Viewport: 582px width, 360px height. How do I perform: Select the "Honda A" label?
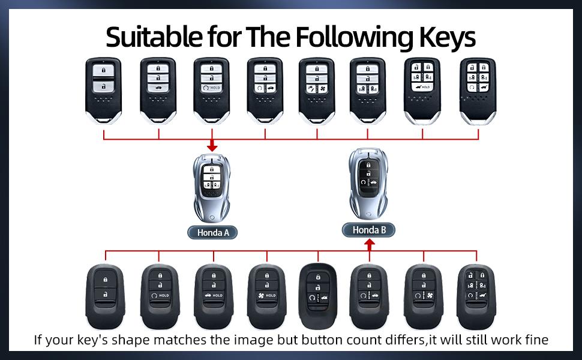click(212, 232)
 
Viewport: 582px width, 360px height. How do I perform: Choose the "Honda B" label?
click(368, 230)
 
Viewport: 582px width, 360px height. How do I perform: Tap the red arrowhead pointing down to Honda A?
click(212, 146)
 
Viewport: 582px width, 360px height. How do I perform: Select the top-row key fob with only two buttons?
click(104, 89)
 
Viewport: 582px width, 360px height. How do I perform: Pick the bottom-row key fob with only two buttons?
click(105, 291)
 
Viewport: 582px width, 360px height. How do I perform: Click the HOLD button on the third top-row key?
click(212, 88)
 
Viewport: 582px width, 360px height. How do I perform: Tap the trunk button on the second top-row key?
click(158, 88)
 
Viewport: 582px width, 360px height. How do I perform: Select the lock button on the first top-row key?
click(104, 70)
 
